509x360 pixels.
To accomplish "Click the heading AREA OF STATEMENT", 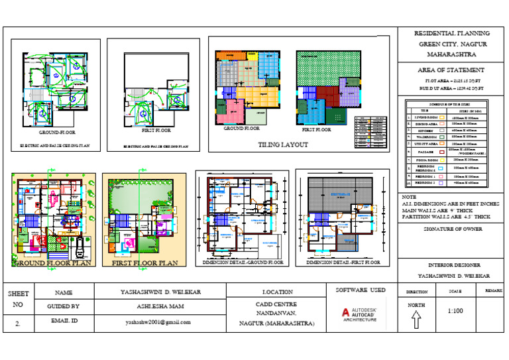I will [451, 70].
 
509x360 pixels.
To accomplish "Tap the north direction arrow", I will [416, 320].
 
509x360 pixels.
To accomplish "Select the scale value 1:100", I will [455, 310].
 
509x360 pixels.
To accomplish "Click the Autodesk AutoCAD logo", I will [359, 314].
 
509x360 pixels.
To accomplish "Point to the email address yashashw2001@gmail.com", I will [158, 322].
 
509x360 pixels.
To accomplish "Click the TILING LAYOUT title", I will [282, 144].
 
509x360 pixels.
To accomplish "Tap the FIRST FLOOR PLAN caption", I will [144, 263].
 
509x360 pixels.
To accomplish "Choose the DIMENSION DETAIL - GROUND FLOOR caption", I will [241, 263].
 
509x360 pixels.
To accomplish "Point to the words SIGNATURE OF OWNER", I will [451, 229].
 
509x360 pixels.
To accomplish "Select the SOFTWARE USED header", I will [361, 290].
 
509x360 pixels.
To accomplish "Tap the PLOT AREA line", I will [450, 80].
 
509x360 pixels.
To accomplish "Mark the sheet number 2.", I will [17, 324].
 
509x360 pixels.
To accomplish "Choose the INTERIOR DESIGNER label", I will [451, 264].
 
